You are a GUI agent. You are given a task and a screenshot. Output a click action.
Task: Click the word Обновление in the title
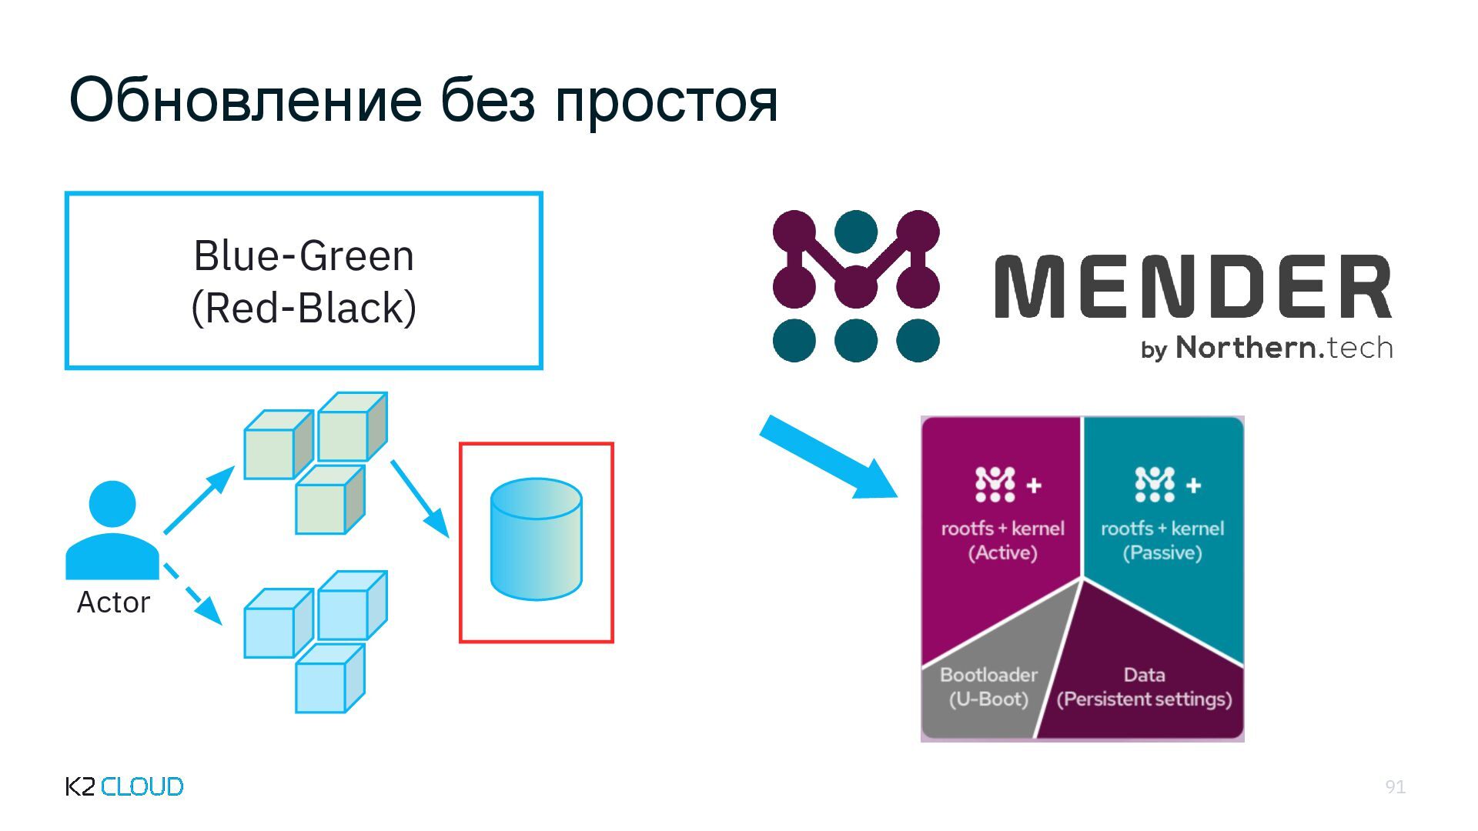click(x=246, y=100)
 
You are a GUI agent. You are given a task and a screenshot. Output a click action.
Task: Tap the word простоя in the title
click(x=666, y=102)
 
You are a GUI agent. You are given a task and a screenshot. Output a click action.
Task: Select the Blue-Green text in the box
click(x=303, y=255)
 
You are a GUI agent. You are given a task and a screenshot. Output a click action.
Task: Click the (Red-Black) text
click(x=303, y=308)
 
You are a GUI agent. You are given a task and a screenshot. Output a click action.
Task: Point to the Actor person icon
click(x=112, y=531)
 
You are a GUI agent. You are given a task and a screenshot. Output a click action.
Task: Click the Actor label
click(x=113, y=602)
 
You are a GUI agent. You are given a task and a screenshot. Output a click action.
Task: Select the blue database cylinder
click(x=536, y=539)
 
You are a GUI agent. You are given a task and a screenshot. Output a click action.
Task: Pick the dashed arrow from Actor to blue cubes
click(x=193, y=594)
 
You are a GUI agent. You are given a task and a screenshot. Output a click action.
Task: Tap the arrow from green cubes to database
click(x=420, y=498)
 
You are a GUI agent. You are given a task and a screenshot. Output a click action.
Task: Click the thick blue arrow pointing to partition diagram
click(x=828, y=457)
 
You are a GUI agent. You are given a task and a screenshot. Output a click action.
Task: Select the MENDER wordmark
click(x=1193, y=286)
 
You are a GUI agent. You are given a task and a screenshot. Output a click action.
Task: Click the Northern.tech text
click(x=1284, y=348)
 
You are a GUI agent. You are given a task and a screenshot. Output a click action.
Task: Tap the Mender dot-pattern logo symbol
click(x=856, y=285)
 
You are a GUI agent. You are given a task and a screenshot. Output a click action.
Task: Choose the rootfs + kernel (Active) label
click(x=1002, y=540)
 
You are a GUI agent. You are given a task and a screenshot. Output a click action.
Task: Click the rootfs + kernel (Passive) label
click(x=1162, y=540)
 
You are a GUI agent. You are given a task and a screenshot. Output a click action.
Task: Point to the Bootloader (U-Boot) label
click(x=988, y=686)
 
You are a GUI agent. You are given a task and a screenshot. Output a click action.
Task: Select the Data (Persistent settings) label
click(x=1144, y=686)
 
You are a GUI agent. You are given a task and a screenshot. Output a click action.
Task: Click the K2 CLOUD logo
click(x=125, y=786)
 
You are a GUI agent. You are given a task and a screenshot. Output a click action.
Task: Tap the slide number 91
click(x=1395, y=786)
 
